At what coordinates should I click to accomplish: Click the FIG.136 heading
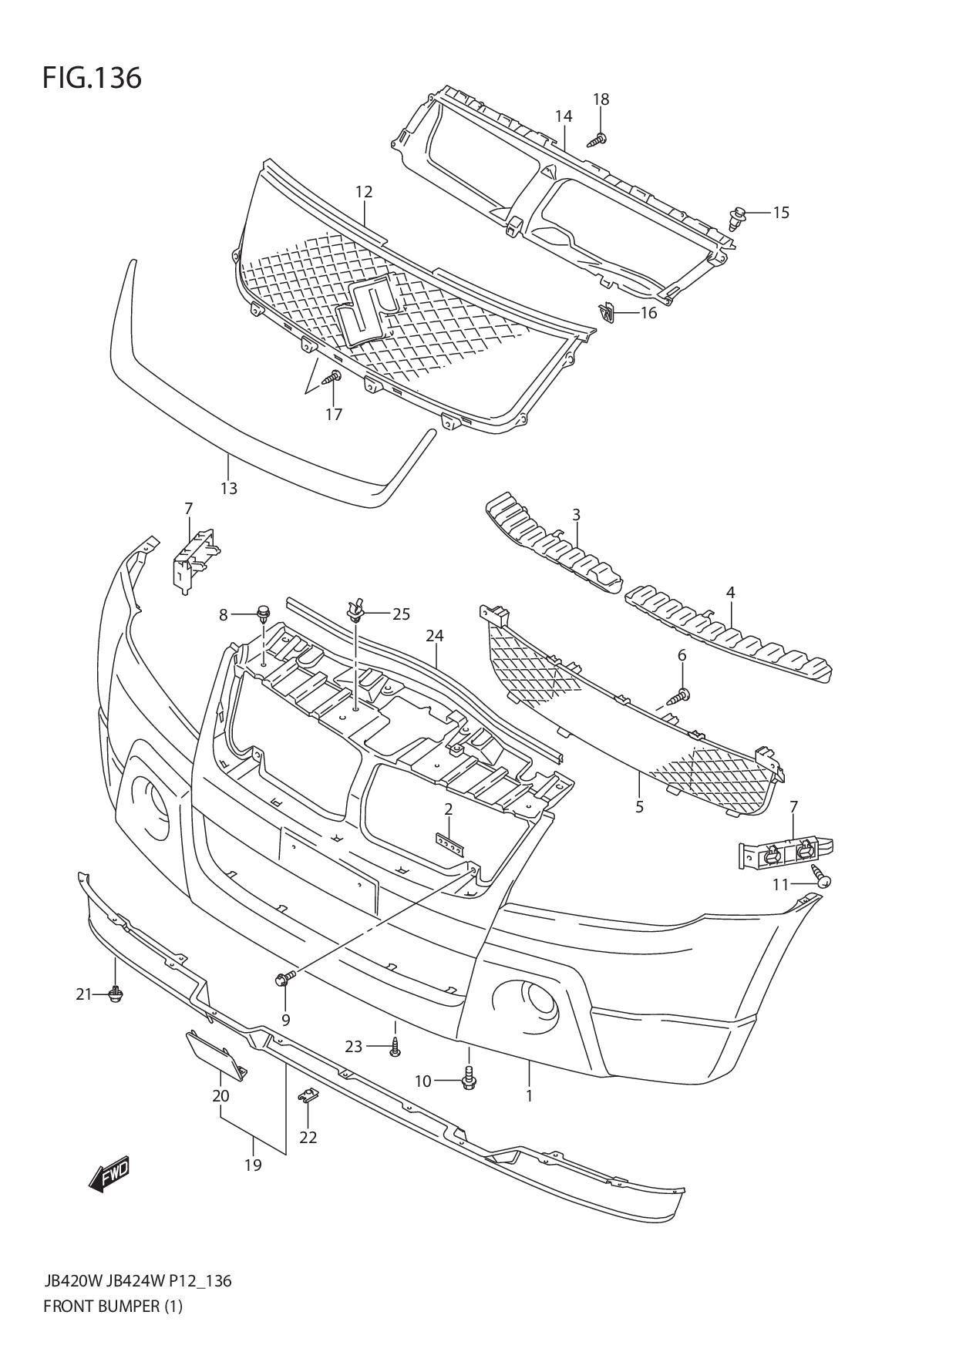[93, 78]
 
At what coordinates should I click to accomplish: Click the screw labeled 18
[597, 140]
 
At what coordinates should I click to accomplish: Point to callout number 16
[648, 313]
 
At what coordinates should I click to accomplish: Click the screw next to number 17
[333, 378]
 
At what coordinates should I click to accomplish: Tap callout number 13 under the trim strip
[228, 489]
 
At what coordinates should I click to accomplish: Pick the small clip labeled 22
[308, 1095]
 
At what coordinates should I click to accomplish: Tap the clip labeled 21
[116, 994]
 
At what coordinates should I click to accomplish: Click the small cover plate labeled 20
[215, 1056]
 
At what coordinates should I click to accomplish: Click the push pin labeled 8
[263, 614]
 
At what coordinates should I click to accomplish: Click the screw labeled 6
[679, 696]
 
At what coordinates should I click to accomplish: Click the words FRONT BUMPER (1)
[113, 1307]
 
